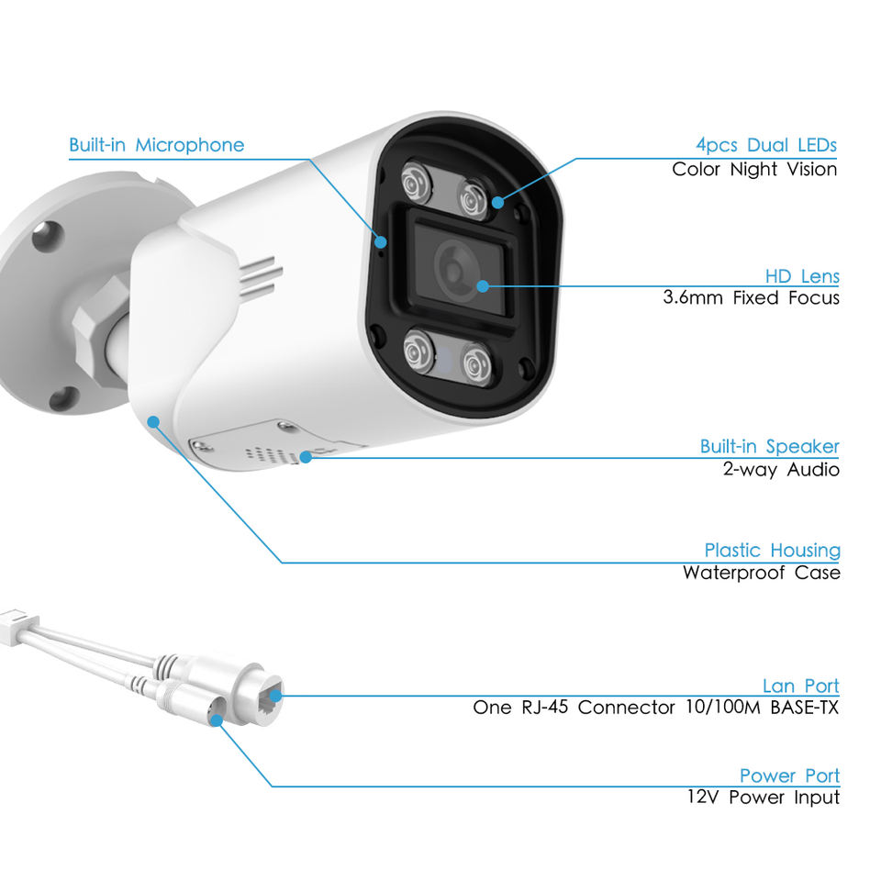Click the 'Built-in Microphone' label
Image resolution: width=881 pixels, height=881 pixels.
(x=157, y=145)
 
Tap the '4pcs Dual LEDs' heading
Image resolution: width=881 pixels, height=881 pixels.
(x=765, y=145)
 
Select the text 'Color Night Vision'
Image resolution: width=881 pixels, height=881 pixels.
(x=754, y=169)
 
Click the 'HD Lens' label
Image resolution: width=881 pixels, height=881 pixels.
(x=802, y=276)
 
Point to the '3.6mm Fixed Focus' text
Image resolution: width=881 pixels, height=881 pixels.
(x=751, y=298)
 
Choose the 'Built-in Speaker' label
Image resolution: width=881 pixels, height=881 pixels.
(x=769, y=447)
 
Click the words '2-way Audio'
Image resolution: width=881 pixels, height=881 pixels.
(x=780, y=470)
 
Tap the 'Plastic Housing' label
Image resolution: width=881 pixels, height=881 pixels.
(x=772, y=551)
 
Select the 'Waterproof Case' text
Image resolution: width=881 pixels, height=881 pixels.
(x=761, y=574)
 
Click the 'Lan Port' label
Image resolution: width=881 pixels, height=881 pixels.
(x=800, y=686)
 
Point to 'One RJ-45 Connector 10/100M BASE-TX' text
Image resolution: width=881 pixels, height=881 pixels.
(x=655, y=708)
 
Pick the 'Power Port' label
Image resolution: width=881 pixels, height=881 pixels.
(x=789, y=776)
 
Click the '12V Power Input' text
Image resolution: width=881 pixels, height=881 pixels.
(x=763, y=797)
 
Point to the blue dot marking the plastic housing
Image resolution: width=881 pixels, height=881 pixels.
(x=153, y=421)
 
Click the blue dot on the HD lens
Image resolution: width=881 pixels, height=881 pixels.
(x=484, y=285)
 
